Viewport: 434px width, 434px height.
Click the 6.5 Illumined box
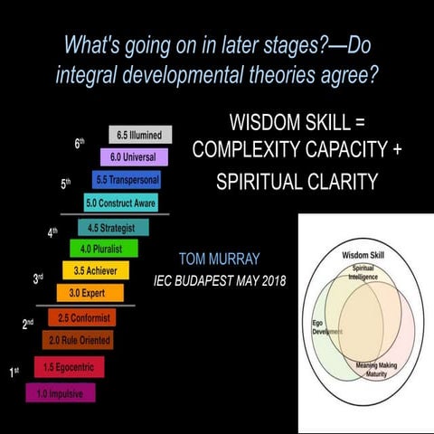coord(139,136)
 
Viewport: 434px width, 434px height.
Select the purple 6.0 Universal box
coord(135,157)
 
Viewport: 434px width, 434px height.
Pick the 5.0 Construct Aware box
coord(120,203)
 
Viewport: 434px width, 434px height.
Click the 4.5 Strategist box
coord(113,227)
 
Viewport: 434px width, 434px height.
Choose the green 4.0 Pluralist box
coord(104,248)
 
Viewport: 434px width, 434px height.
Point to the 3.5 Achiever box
coord(96,269)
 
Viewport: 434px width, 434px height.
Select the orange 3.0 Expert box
coord(90,292)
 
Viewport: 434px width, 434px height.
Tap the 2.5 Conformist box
coord(83,317)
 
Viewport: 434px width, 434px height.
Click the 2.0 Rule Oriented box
coord(77,340)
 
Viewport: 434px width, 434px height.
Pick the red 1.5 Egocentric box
coord(69,366)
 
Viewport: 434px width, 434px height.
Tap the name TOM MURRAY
coord(221,257)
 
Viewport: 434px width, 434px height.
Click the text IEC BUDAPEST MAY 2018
coord(221,281)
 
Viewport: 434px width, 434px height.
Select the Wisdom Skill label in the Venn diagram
coord(364,256)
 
